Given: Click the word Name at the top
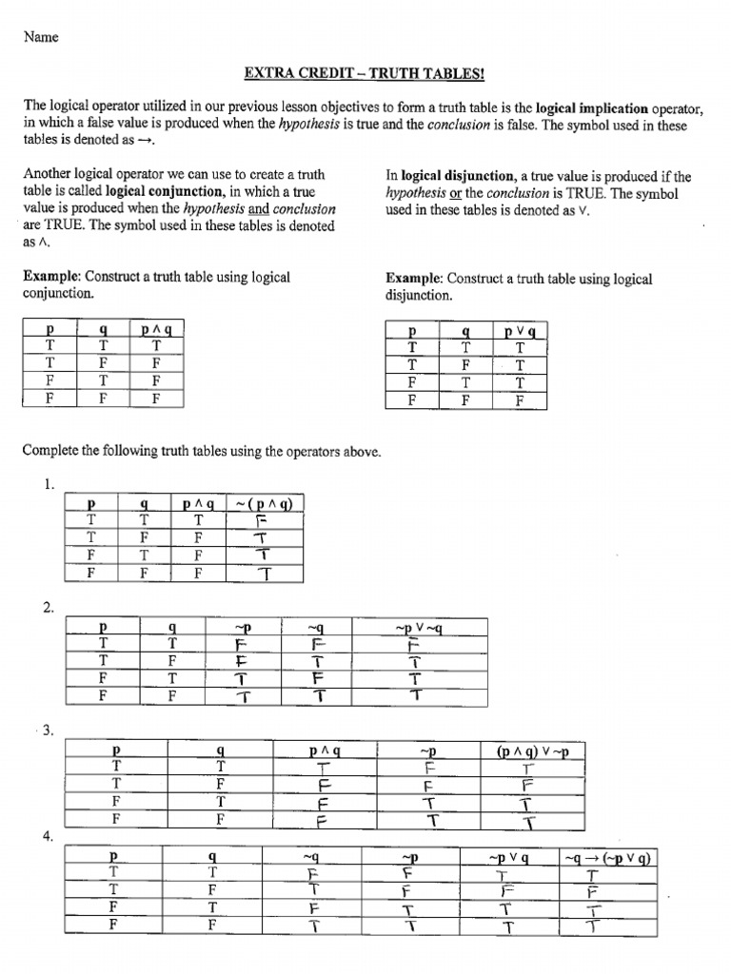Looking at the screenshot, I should click(41, 37).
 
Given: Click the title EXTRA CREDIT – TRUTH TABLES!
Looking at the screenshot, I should click(365, 74).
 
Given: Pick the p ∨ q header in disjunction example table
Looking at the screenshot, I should click(519, 332).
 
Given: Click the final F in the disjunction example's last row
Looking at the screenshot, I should click(519, 399).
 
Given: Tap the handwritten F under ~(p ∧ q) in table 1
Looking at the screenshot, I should click(263, 521).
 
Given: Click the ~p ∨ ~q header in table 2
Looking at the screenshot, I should click(419, 628).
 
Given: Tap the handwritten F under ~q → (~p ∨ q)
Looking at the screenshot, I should click(593, 893).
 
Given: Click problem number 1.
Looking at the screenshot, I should click(48, 484).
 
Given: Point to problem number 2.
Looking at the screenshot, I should click(48, 608).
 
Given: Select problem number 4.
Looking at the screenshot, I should click(47, 836).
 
